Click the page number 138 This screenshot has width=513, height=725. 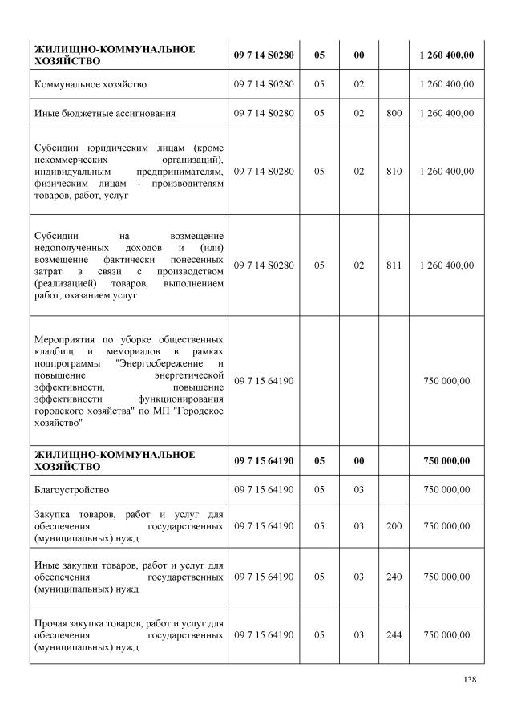click(x=470, y=680)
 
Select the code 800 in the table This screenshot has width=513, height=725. click(x=394, y=113)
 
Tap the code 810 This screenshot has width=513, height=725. click(x=394, y=171)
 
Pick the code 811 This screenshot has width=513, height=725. click(x=394, y=265)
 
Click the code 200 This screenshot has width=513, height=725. click(x=394, y=525)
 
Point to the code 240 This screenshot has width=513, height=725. click(x=394, y=577)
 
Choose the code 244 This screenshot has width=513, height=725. click(x=394, y=634)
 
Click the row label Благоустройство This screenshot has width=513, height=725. click(x=71, y=489)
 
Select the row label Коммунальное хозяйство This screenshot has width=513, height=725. click(x=90, y=83)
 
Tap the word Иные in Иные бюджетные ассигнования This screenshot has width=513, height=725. click(x=47, y=113)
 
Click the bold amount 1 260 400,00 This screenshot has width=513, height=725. click(x=446, y=54)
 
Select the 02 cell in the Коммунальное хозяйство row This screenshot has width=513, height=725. click(x=358, y=83)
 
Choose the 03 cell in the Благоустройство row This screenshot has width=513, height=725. click(x=358, y=489)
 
